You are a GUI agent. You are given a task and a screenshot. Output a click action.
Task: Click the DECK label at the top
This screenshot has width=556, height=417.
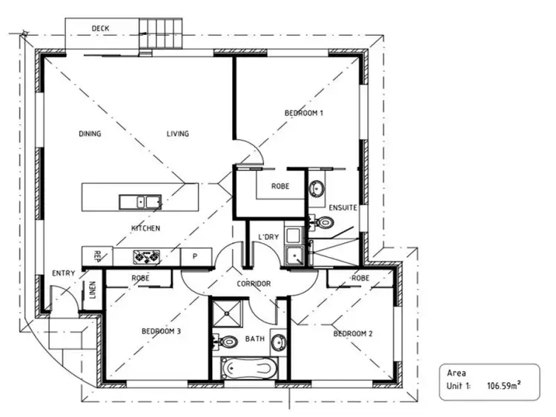(100, 28)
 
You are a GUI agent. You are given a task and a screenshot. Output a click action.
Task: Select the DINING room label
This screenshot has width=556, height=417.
(90, 134)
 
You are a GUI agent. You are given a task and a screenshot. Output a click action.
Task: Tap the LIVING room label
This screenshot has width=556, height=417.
(177, 134)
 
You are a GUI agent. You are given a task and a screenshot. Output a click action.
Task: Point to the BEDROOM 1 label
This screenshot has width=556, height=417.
(304, 113)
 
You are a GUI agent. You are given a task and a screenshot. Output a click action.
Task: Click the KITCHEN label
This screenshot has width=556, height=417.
(145, 228)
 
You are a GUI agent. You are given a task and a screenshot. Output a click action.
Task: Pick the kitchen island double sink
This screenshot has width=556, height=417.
(140, 201)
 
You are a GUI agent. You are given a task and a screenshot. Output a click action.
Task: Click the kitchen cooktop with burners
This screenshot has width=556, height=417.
(147, 257)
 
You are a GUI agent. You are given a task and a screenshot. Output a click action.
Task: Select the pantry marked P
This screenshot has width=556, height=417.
(194, 257)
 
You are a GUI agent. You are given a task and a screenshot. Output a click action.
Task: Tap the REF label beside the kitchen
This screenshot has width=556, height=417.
(97, 256)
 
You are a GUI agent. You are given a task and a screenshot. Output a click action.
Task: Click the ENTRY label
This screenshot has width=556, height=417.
(63, 273)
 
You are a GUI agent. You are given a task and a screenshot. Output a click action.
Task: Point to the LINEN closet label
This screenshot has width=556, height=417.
(93, 291)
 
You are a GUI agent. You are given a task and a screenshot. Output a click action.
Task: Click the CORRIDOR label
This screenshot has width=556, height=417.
(254, 284)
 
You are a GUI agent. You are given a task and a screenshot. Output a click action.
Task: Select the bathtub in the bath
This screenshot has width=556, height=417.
(249, 368)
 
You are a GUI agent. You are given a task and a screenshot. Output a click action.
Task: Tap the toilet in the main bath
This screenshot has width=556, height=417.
(226, 341)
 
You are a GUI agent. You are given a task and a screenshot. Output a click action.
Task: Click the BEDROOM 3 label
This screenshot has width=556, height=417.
(161, 331)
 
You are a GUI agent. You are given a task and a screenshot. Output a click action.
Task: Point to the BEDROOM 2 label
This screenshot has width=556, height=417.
(352, 333)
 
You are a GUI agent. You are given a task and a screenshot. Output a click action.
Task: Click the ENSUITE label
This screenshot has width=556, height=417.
(343, 207)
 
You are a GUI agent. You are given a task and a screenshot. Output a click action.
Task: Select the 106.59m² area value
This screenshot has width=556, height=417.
(505, 386)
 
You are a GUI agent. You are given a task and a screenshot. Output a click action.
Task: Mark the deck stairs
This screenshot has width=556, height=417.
(160, 34)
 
